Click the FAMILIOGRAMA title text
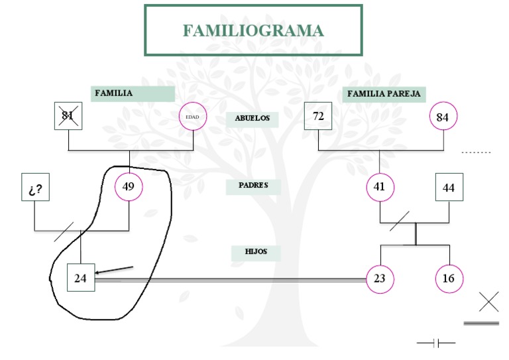(x=253, y=30)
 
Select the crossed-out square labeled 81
(x=68, y=117)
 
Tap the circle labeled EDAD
(x=193, y=117)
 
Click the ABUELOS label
(x=253, y=119)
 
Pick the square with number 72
(x=318, y=117)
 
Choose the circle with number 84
(x=443, y=117)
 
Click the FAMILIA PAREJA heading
(x=384, y=94)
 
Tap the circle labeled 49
(x=129, y=186)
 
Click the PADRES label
(x=253, y=186)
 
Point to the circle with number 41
(x=379, y=187)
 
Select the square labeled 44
(x=449, y=188)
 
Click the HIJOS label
(x=253, y=253)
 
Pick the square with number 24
(x=80, y=278)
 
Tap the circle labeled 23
(x=379, y=278)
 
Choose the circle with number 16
(x=449, y=278)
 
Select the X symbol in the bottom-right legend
(x=488, y=302)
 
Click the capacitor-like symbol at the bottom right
(x=436, y=343)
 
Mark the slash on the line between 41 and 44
(x=400, y=221)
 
